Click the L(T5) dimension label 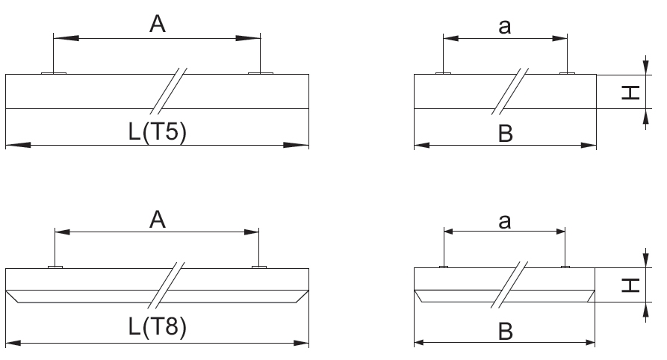pyautogui.click(x=158, y=132)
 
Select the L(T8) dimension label pyautogui.click(x=158, y=327)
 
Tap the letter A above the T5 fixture pyautogui.click(x=158, y=24)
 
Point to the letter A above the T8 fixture pyautogui.click(x=158, y=220)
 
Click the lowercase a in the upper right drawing pyautogui.click(x=504, y=27)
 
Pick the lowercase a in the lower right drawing pyautogui.click(x=504, y=222)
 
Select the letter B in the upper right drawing pyautogui.click(x=506, y=134)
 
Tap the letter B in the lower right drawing pyautogui.click(x=506, y=331)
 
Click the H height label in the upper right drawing pyautogui.click(x=631, y=93)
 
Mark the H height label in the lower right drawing pyautogui.click(x=631, y=285)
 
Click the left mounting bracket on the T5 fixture pyautogui.click(x=54, y=73)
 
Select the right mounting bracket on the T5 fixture pyautogui.click(x=261, y=73)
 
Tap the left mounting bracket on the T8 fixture pyautogui.click(x=55, y=267)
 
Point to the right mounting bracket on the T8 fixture pyautogui.click(x=259, y=267)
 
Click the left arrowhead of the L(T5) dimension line pyautogui.click(x=18, y=145)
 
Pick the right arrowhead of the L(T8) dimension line pyautogui.click(x=302, y=343)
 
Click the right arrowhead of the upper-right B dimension pyautogui.click(x=589, y=146)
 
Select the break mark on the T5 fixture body pyautogui.click(x=169, y=91)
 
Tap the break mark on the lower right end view pyautogui.click(x=509, y=285)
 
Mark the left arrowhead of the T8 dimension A pyautogui.click(x=63, y=232)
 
